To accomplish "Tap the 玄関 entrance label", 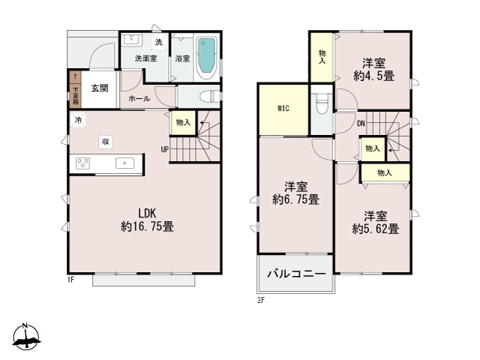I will click(100, 88).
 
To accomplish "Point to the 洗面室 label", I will click(145, 58).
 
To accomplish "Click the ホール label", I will click(138, 98).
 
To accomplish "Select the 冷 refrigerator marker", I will click(78, 120).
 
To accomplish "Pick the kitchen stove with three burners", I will click(82, 163).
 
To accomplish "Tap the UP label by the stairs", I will click(163, 148).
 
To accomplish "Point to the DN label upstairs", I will click(360, 123).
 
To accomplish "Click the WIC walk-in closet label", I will click(283, 109).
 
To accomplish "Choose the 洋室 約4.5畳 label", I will click(374, 70).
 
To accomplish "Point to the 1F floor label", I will click(70, 280).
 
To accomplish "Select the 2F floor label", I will click(261, 300).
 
